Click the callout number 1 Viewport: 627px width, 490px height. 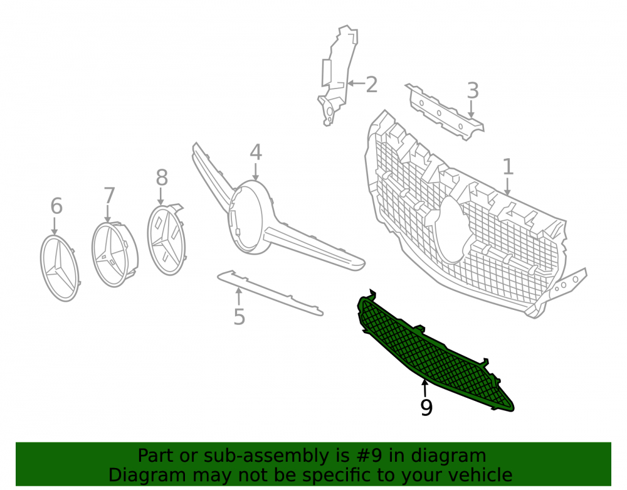coord(508,167)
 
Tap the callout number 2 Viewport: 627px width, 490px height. coord(371,85)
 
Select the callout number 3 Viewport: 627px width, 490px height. coord(473,91)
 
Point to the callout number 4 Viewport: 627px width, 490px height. coord(256,152)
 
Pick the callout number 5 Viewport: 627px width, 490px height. coord(239,317)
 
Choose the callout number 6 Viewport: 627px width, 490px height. coord(56,206)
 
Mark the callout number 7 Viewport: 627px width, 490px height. coord(109,196)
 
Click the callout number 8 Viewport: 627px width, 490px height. coord(162,178)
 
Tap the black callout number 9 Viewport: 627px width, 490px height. coord(426,408)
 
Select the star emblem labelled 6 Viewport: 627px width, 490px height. coord(60,268)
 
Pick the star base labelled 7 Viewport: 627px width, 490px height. coord(115,254)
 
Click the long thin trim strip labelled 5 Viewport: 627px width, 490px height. coord(270,293)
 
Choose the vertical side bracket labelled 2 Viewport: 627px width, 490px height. coord(339,76)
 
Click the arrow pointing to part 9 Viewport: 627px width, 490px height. coord(424,388)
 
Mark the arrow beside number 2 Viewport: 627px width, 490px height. coord(356,83)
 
